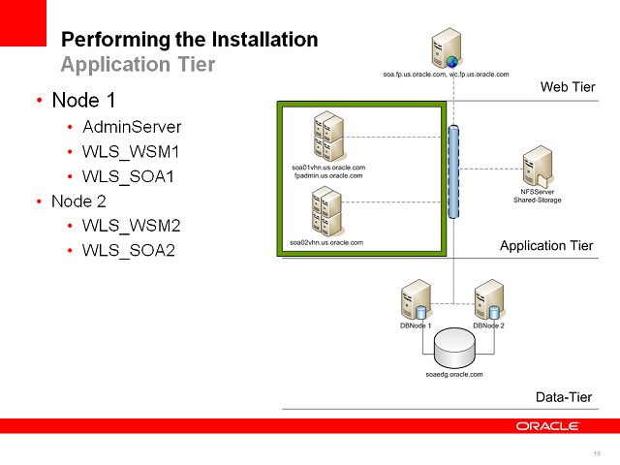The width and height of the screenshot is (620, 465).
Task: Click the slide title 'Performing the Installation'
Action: tap(189, 40)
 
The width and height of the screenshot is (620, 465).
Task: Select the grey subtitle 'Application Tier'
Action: tap(138, 65)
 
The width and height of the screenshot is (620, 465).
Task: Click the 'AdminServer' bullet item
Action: tap(132, 127)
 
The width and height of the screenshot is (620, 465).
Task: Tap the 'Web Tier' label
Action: tap(567, 88)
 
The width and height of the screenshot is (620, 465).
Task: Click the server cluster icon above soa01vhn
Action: tap(328, 138)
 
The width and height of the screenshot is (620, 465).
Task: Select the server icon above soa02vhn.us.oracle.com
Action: tap(326, 212)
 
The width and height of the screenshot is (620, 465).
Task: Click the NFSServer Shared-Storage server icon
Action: tap(537, 168)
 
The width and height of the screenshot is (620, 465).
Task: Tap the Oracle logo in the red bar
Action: tap(547, 425)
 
